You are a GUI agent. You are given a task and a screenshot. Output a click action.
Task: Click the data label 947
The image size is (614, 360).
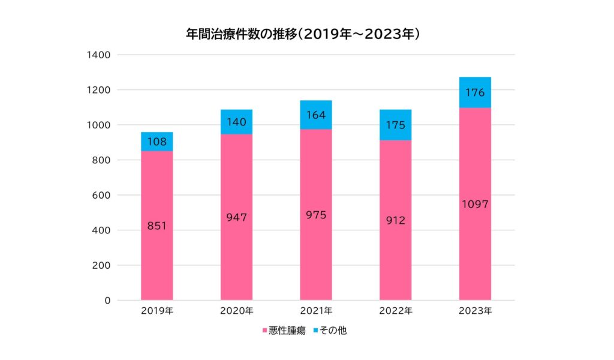[x=236, y=217]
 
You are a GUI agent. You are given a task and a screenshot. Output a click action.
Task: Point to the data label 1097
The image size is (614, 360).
[x=475, y=204]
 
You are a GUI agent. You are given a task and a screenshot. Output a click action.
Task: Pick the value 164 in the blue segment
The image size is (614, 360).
[x=316, y=115]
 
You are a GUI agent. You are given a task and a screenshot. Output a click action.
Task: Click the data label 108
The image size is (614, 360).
[x=156, y=141]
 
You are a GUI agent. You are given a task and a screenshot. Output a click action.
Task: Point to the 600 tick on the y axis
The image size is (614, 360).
[x=101, y=195]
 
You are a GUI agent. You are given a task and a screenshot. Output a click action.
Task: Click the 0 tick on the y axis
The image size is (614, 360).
[x=107, y=300]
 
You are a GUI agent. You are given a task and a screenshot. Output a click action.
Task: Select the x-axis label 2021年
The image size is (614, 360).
[x=316, y=311]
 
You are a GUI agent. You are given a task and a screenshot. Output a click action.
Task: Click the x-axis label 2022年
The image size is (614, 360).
[x=396, y=311]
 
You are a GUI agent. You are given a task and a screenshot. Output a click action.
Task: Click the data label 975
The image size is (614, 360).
[x=316, y=215]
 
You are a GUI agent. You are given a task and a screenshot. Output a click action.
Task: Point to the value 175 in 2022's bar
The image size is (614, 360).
[x=396, y=125]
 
